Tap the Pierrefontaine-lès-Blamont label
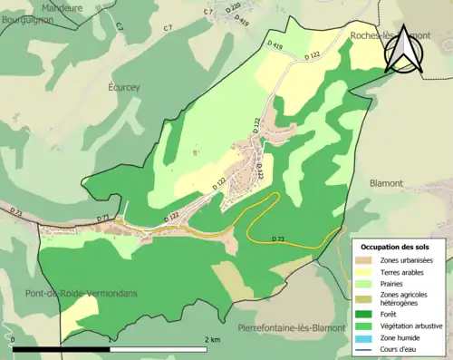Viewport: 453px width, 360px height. [x=286, y=327]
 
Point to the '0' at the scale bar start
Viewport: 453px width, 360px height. [x=14, y=339]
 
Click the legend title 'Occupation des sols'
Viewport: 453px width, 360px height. [x=396, y=247]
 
